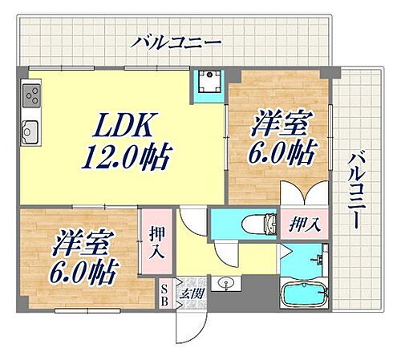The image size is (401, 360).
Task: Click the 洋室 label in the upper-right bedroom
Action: tap(277, 127)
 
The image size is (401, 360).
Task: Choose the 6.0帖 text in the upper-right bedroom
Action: tap(279, 152)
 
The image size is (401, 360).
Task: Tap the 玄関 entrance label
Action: tap(194, 294)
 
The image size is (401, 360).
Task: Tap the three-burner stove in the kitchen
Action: tap(32, 99)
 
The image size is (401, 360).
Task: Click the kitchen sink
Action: tap(30, 129)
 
